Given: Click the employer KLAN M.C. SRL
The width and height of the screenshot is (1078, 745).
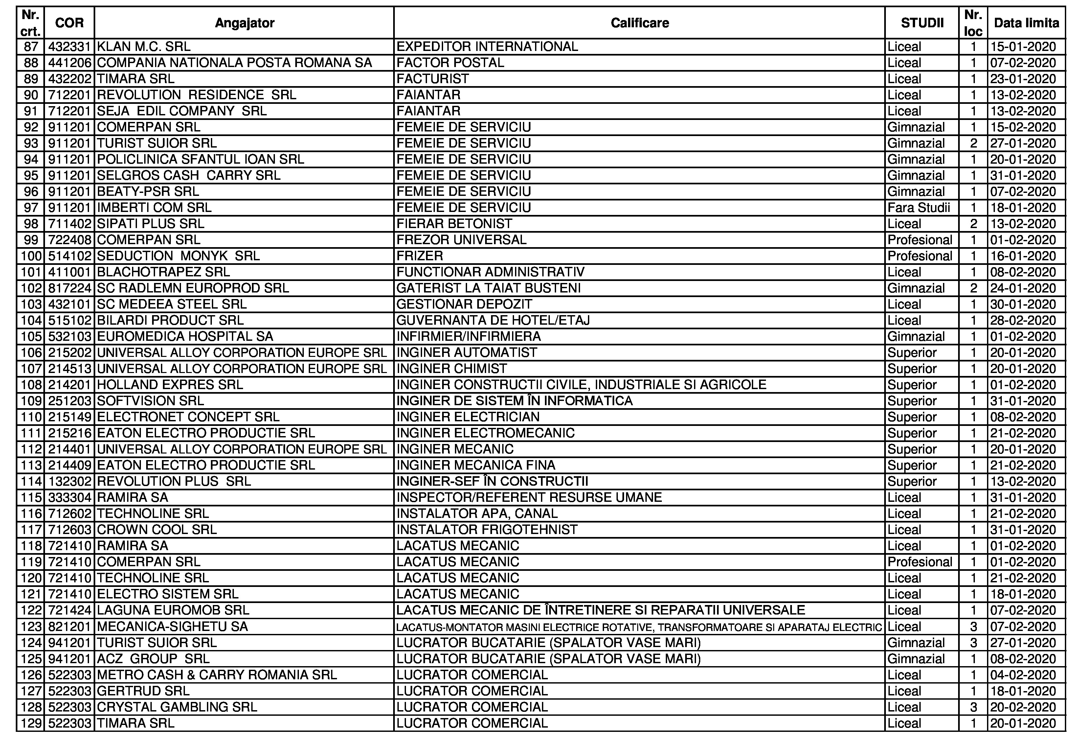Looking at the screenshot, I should [144, 47].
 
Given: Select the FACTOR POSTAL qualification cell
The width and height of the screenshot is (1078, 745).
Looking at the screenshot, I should [450, 62].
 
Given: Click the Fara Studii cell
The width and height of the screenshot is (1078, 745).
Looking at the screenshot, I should [918, 208].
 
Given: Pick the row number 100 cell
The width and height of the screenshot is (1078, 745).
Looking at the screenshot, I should [31, 256].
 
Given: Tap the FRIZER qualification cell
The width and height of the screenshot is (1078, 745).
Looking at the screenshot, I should [420, 256].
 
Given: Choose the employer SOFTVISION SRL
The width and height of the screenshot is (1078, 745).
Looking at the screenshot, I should [150, 401].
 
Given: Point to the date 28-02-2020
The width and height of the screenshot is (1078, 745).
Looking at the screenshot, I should [1023, 320].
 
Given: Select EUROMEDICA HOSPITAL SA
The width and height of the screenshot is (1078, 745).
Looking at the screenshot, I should [185, 337].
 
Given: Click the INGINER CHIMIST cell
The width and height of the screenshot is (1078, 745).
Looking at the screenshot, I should [451, 369].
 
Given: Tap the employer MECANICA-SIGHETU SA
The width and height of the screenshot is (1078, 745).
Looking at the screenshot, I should [172, 626].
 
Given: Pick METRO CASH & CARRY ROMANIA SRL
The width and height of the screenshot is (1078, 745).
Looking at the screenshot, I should [216, 675].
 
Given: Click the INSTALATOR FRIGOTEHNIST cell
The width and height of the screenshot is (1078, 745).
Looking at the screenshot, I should [486, 530].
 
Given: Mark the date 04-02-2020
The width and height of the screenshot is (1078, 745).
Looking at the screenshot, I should [1023, 675].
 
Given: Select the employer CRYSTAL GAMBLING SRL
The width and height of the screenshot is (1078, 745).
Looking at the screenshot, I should [177, 707].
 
